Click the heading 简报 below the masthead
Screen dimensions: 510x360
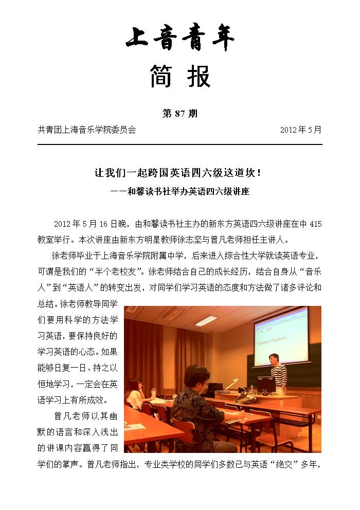180,77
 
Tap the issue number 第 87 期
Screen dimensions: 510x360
179,114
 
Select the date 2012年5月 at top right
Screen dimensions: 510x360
301,130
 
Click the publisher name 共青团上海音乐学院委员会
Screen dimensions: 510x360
87,130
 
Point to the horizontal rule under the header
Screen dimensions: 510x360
180,144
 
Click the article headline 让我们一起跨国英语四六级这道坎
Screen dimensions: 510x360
178,173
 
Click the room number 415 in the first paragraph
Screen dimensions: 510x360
316,224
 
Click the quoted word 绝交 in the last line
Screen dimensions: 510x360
278,465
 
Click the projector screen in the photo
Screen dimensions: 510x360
281,334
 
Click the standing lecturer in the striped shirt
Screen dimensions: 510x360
278,373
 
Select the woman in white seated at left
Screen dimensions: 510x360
135,393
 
